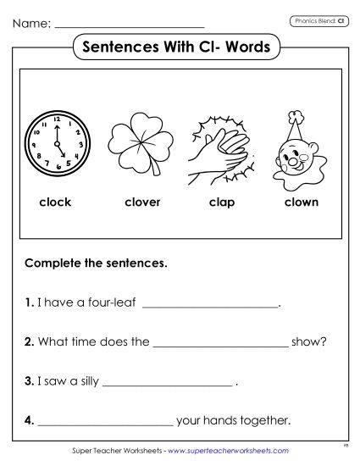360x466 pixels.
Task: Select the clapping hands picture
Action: click(x=221, y=146)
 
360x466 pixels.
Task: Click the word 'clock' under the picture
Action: click(x=55, y=202)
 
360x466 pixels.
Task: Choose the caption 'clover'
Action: click(x=141, y=202)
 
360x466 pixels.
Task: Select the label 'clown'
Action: click(x=301, y=202)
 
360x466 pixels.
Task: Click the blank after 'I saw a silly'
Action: click(x=167, y=384)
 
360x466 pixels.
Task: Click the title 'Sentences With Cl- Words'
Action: click(x=179, y=47)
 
